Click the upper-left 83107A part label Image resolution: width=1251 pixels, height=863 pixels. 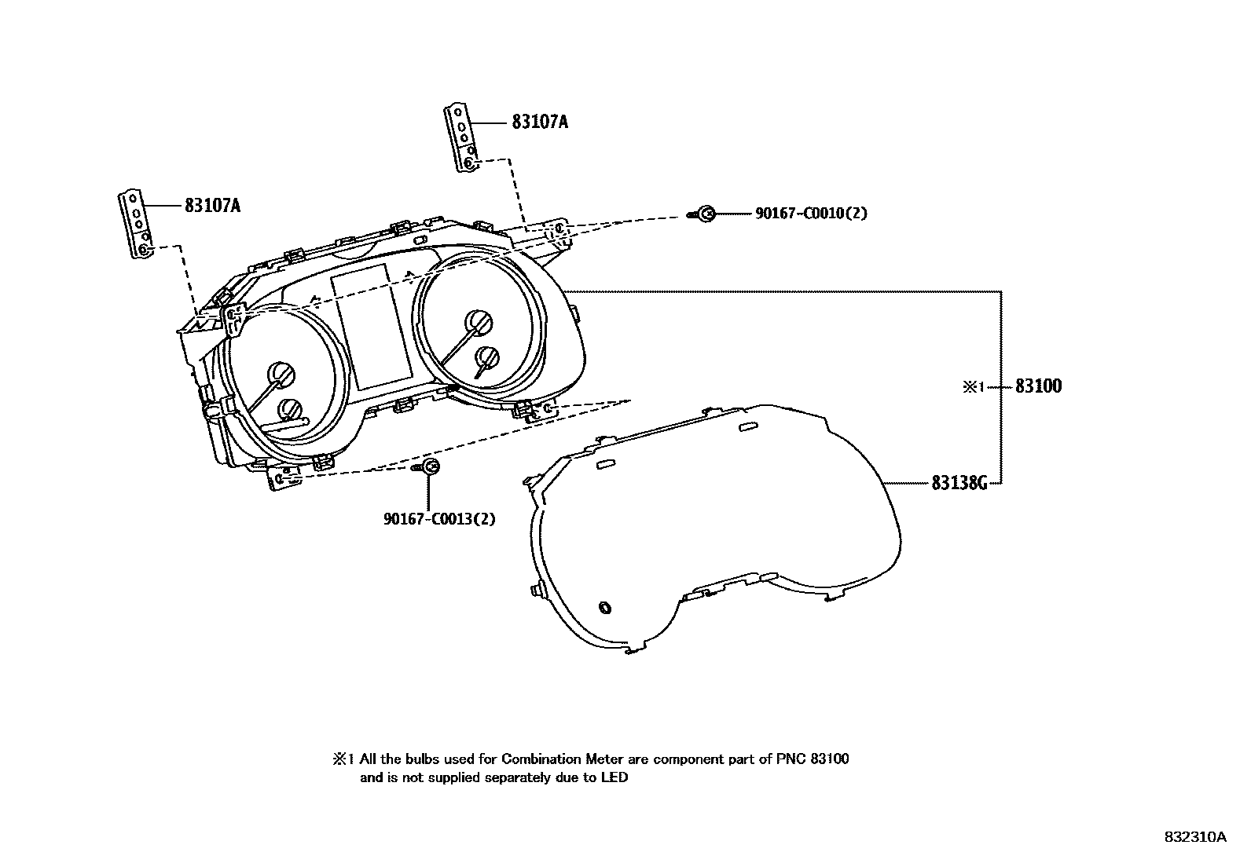[x=212, y=206]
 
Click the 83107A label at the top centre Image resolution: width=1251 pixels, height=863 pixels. [x=539, y=123]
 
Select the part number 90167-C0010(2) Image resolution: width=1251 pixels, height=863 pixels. [x=811, y=214]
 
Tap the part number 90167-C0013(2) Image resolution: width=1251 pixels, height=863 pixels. [x=439, y=519]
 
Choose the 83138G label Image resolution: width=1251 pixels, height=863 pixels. [x=959, y=483]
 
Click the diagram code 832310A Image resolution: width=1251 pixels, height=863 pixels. [x=1194, y=837]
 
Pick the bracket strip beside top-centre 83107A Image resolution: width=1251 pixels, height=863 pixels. [x=461, y=137]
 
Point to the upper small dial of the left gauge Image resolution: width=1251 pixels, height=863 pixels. [x=280, y=374]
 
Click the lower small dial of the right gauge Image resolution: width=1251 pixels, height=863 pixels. [x=487, y=357]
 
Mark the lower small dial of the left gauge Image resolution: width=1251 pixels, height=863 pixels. [x=290, y=409]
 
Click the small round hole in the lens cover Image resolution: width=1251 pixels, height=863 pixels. [x=604, y=608]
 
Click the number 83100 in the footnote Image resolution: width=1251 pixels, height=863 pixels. [x=826, y=759]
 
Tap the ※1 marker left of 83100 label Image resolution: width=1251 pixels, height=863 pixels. [x=974, y=386]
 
